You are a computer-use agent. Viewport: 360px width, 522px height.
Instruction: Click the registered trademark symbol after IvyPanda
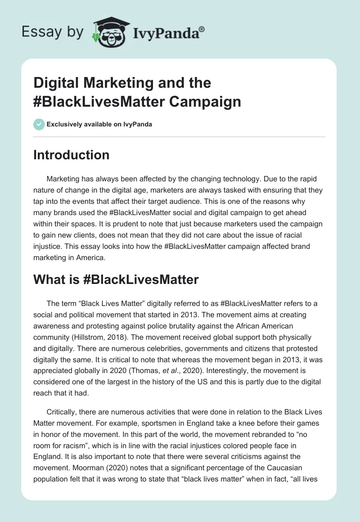pos(202,29)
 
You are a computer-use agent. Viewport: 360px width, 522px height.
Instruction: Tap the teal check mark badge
pos(39,124)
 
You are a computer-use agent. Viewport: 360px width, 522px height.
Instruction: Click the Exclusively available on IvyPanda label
pos(99,124)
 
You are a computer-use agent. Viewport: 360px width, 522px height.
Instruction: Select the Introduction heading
pos(72,155)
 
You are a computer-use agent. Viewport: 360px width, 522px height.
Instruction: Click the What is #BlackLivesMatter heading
pos(116,279)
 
